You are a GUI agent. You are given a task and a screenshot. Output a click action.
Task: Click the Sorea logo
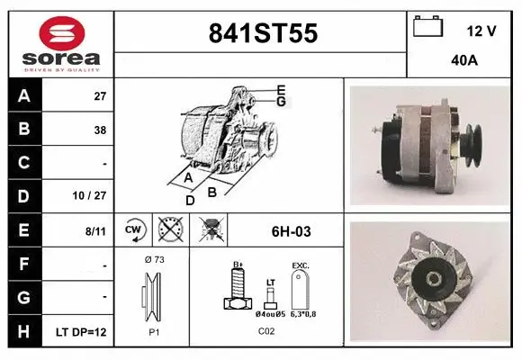tap(60, 42)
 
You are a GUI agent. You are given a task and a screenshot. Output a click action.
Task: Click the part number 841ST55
tap(262, 33)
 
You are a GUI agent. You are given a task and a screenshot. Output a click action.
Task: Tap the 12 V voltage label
tap(481, 31)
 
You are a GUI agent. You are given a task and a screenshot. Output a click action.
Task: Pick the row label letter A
tap(23, 95)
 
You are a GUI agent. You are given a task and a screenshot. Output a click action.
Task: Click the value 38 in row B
tap(99, 130)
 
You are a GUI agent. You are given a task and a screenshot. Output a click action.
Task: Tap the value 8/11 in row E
tap(95, 231)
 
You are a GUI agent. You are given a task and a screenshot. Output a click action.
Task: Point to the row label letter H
tap(23, 332)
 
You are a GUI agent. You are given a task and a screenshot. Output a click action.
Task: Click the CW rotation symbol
tap(134, 230)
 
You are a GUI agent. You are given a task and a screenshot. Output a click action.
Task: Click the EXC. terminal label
tap(301, 266)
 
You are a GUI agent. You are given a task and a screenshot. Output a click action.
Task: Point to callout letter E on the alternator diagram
tap(281, 89)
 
